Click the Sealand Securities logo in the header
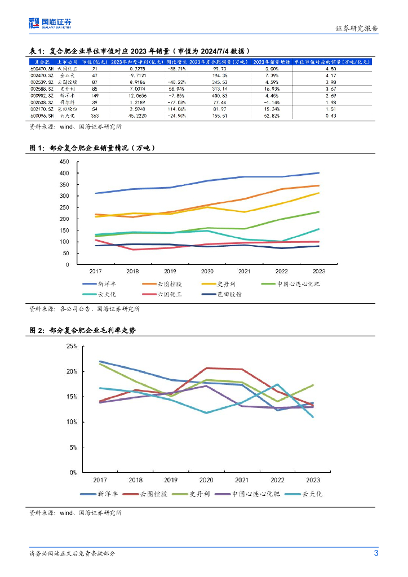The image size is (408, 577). pos(50,23)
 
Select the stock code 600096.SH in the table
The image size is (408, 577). pos(42,116)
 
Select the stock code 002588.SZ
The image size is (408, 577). pos(42,89)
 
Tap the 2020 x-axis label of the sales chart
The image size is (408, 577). pos(206,271)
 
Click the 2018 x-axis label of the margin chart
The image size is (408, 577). pos(135,480)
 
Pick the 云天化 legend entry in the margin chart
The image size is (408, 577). pos(312,494)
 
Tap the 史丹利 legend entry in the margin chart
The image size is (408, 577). pos(199,494)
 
